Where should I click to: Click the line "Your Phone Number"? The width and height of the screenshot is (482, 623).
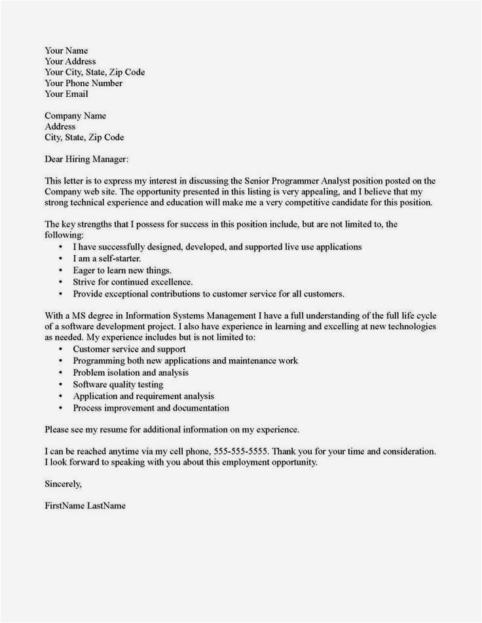point(83,83)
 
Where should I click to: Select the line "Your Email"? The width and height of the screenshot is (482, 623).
point(66,94)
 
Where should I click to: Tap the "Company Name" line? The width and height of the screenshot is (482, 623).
point(75,116)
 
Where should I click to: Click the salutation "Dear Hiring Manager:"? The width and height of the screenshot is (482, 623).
point(86,159)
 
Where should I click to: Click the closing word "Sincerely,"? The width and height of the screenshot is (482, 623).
point(64,484)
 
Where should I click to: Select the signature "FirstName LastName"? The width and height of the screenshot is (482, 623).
point(84,506)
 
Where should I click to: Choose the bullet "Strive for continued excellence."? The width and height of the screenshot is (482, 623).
point(132,281)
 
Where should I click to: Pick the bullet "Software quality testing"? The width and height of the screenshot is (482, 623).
point(118,385)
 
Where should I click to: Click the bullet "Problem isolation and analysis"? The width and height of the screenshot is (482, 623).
point(131,372)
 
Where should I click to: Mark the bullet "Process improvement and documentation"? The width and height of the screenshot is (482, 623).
point(151,408)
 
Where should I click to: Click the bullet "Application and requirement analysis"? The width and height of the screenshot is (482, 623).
point(143,396)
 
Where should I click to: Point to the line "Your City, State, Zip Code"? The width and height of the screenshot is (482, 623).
point(94,72)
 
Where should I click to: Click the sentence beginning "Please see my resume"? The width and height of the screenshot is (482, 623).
point(172,429)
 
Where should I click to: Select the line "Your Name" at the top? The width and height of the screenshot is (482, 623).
point(66,50)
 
